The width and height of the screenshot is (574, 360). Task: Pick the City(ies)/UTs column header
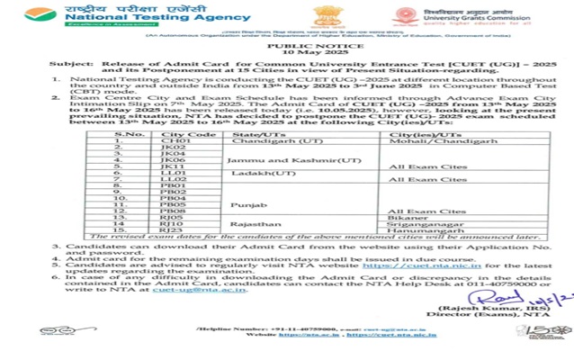coord(395,135)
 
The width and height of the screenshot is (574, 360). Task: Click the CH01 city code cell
coord(173,142)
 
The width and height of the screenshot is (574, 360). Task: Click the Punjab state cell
coord(248,204)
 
